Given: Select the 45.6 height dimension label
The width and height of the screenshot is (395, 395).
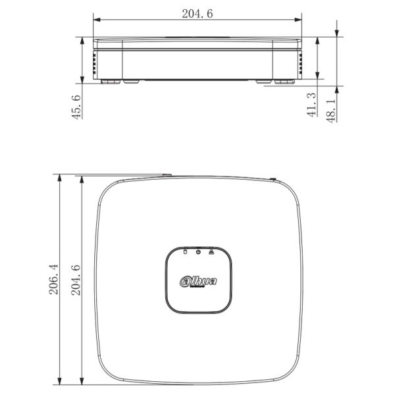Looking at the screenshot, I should click(76, 106).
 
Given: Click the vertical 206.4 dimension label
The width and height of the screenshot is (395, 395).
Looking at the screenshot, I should click(54, 281).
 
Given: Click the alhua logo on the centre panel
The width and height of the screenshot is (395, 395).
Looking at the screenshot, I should click(198, 281).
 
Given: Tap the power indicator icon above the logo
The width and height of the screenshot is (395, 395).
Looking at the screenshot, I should click(198, 251).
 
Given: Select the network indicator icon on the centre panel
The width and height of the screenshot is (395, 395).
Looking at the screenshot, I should click(211, 251).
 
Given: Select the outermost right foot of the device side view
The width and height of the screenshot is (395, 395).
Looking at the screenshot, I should click(286, 82).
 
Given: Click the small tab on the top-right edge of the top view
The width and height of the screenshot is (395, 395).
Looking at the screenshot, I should click(273, 177).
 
